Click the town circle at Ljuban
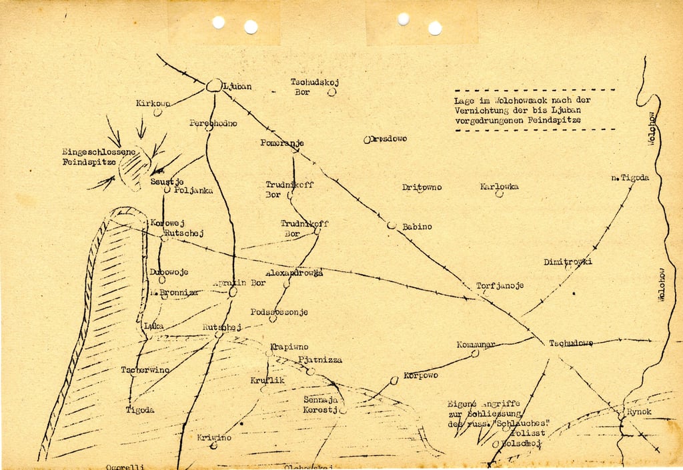click(213, 85)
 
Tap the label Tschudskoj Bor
click(315, 87)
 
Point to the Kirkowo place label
click(153, 103)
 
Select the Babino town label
click(417, 227)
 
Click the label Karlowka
click(499, 187)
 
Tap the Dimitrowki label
click(568, 261)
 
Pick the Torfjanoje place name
click(500, 286)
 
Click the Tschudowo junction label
click(571, 343)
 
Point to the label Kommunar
click(476, 345)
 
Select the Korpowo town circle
click(394, 380)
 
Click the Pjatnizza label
click(320, 360)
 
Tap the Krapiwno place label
click(289, 347)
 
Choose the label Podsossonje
click(279, 312)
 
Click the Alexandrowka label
click(294, 273)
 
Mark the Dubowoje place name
click(169, 272)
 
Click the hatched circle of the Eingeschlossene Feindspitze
click(135, 167)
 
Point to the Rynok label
click(639, 412)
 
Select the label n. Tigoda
click(630, 178)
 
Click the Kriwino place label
click(214, 438)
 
